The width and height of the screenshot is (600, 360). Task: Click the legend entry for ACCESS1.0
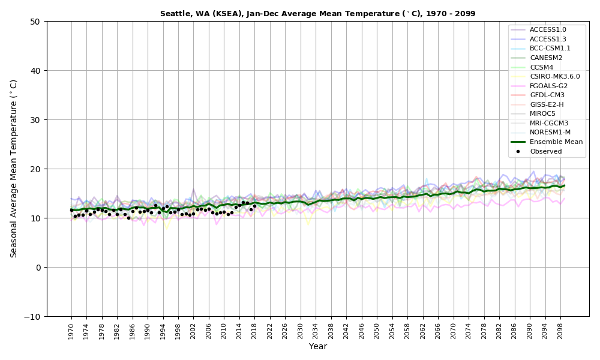(548, 29)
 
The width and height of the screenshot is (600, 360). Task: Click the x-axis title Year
(317, 347)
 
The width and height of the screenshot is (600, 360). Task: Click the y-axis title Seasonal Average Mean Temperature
(14, 169)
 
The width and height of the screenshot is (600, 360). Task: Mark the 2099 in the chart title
(465, 14)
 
